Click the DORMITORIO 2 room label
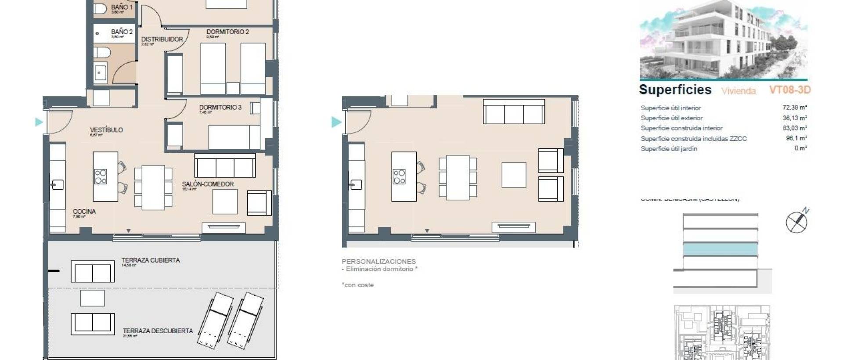[227, 32]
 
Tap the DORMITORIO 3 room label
[220, 108]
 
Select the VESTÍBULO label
[106, 130]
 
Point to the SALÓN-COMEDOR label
[208, 184]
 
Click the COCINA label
[84, 212]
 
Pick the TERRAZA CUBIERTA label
[151, 260]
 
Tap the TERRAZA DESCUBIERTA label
[158, 331]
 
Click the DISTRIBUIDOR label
[162, 40]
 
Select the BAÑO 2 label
[122, 32]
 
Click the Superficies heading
[675, 90]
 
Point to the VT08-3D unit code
[789, 90]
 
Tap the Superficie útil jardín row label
[669, 149]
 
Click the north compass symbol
[797, 222]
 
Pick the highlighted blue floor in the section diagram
[720, 250]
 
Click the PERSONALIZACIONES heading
[378, 261]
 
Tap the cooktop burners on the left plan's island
[101, 176]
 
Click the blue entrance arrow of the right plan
[336, 122]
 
